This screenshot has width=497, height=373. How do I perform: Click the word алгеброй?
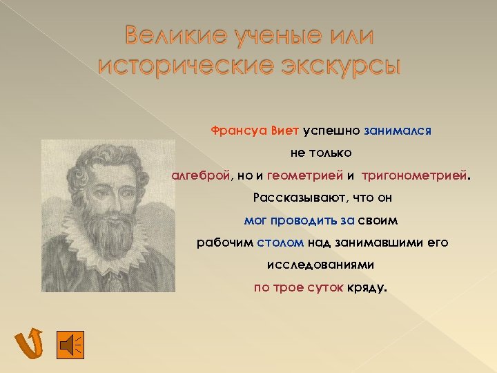coord(199,175)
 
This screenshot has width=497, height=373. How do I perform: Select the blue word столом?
coord(275,242)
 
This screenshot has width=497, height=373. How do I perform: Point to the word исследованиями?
coord(320,265)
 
